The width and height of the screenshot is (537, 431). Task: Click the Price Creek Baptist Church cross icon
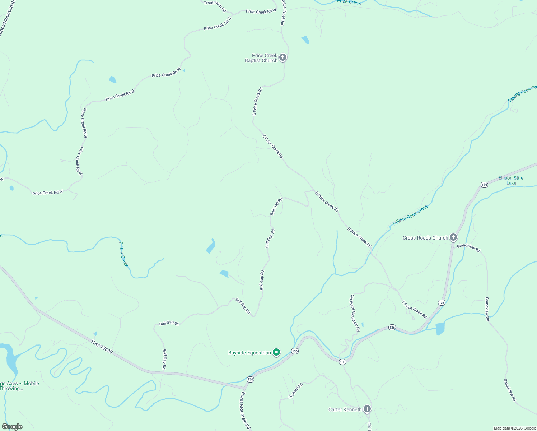(283, 57)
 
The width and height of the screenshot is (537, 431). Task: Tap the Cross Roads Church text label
(425, 238)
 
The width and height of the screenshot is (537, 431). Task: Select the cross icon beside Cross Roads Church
(453, 237)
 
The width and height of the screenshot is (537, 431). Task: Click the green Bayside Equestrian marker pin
(276, 352)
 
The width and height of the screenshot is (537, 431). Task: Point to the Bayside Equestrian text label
(249, 353)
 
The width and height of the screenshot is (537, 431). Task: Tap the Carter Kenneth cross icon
(367, 409)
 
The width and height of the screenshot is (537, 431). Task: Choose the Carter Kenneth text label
(345, 409)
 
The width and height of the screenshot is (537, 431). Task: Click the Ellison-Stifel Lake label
(511, 180)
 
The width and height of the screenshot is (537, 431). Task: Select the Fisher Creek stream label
(123, 254)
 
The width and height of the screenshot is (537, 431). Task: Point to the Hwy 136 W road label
(102, 347)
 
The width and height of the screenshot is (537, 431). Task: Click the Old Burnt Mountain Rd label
(355, 312)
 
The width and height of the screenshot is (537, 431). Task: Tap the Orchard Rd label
(295, 391)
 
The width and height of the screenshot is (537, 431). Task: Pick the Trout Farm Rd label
(215, 6)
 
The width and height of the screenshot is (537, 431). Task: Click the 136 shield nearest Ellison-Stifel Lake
(484, 185)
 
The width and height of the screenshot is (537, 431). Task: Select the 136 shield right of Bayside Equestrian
(295, 351)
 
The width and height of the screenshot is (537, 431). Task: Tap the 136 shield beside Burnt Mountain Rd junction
(250, 379)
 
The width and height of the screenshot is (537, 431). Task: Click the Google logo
(12, 427)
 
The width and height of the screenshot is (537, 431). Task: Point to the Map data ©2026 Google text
(515, 428)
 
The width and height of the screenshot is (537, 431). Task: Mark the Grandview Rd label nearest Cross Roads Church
(468, 248)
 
